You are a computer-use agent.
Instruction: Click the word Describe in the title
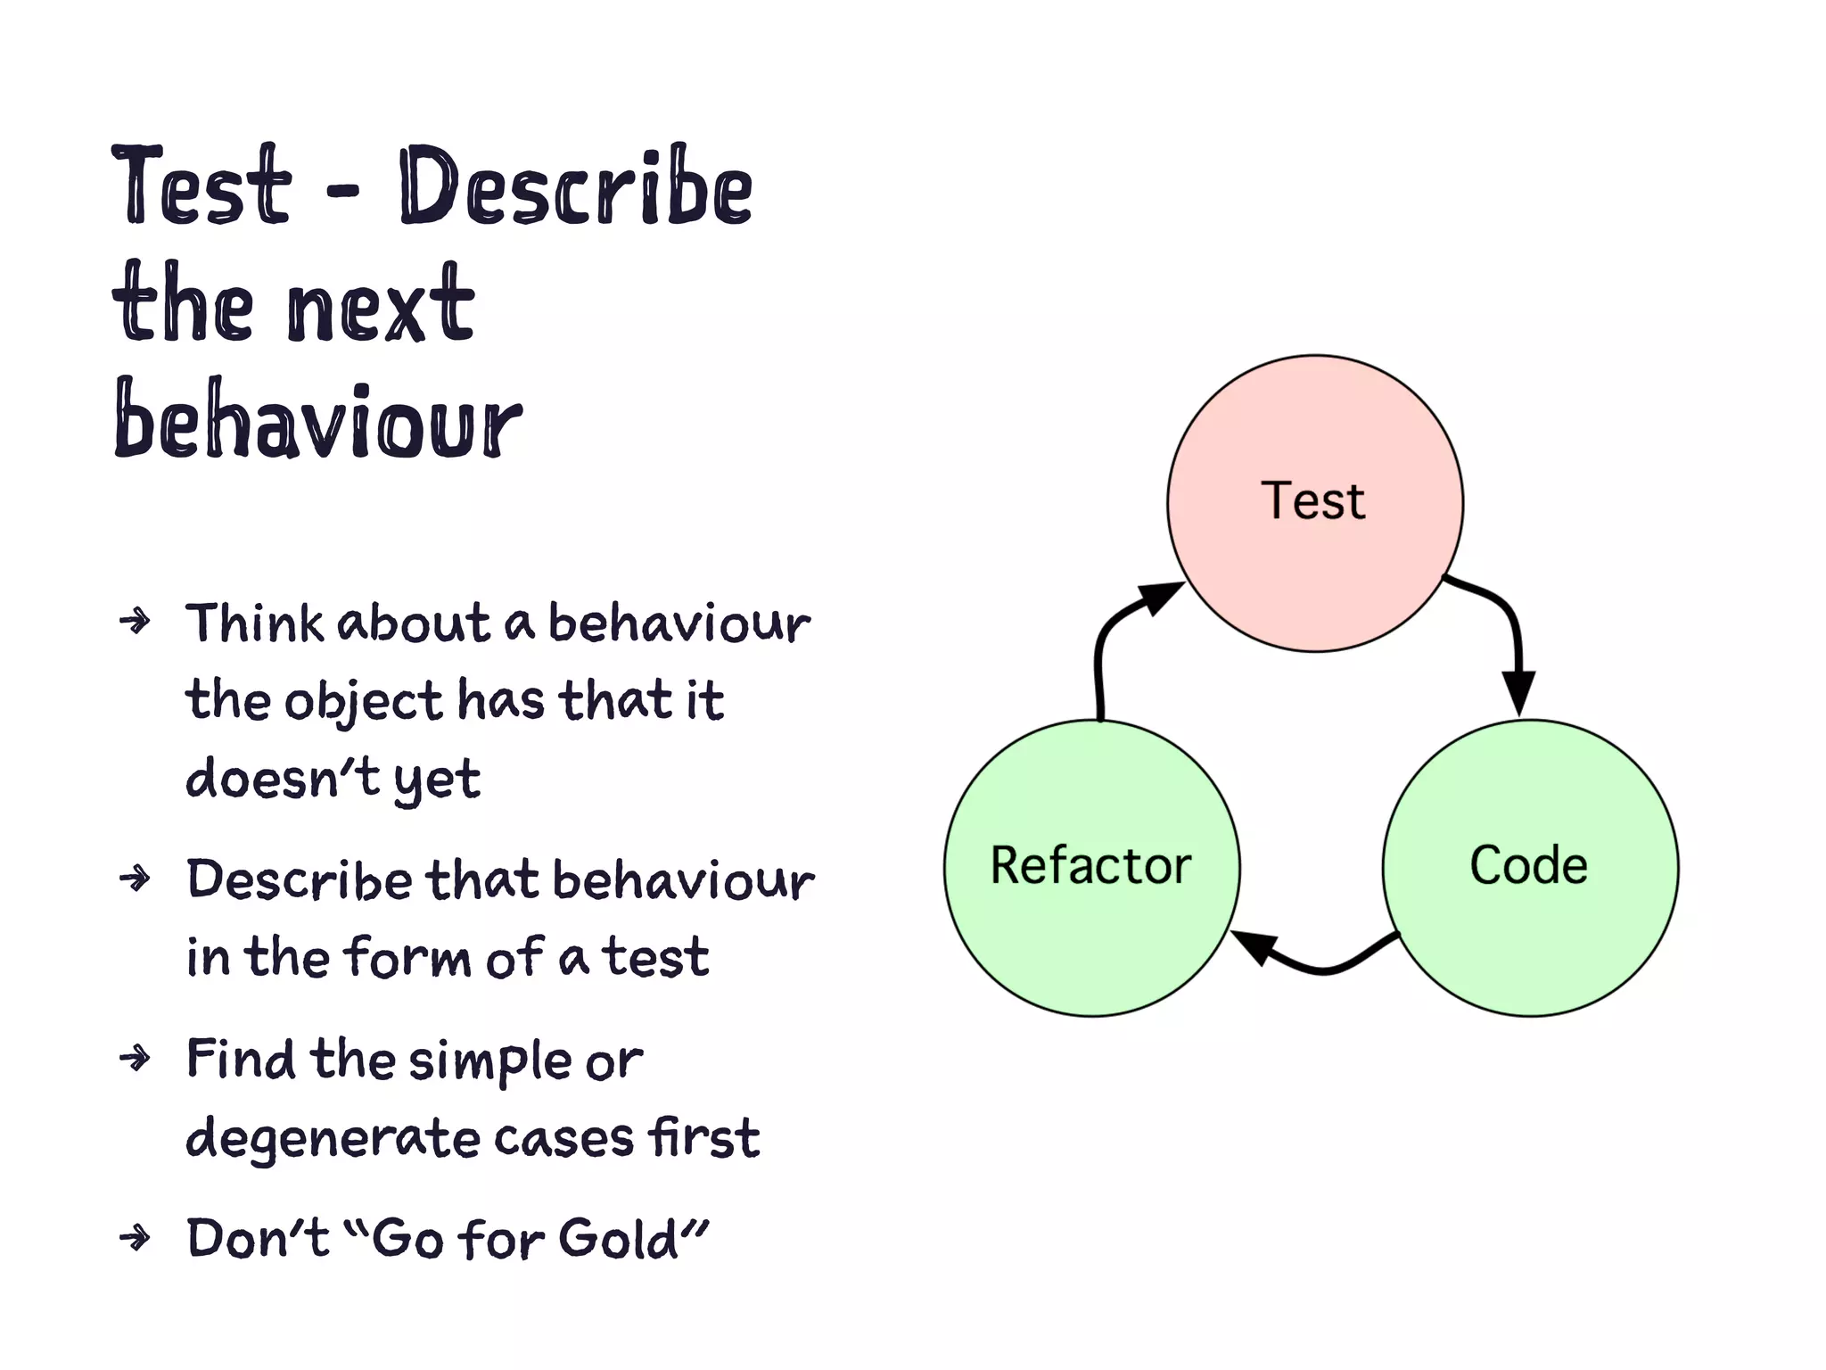575,187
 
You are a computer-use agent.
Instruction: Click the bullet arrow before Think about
135,621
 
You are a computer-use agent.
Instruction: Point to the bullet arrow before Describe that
135,879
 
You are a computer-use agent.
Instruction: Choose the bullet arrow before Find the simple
135,1059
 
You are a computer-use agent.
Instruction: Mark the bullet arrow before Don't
135,1238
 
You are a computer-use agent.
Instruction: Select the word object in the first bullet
363,702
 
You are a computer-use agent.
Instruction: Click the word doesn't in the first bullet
284,778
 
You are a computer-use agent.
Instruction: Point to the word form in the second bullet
407,957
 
